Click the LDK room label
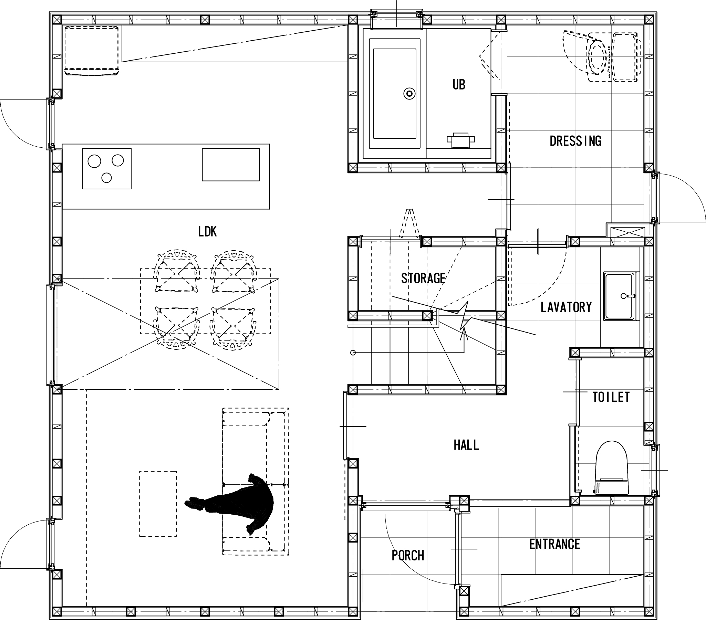coord(207,232)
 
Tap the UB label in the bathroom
coord(459,85)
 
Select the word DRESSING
coord(575,141)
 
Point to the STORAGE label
coord(423,278)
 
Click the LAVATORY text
coord(566,307)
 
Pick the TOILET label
coord(611,397)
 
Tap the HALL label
coord(466,445)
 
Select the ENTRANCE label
coord(555,544)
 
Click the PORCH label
coord(407,555)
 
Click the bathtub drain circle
coord(409,94)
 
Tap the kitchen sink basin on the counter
coord(231,165)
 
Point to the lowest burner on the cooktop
coord(107,177)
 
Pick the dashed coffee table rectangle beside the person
coord(158,504)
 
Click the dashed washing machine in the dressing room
coord(625,57)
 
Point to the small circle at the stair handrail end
coord(353,353)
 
